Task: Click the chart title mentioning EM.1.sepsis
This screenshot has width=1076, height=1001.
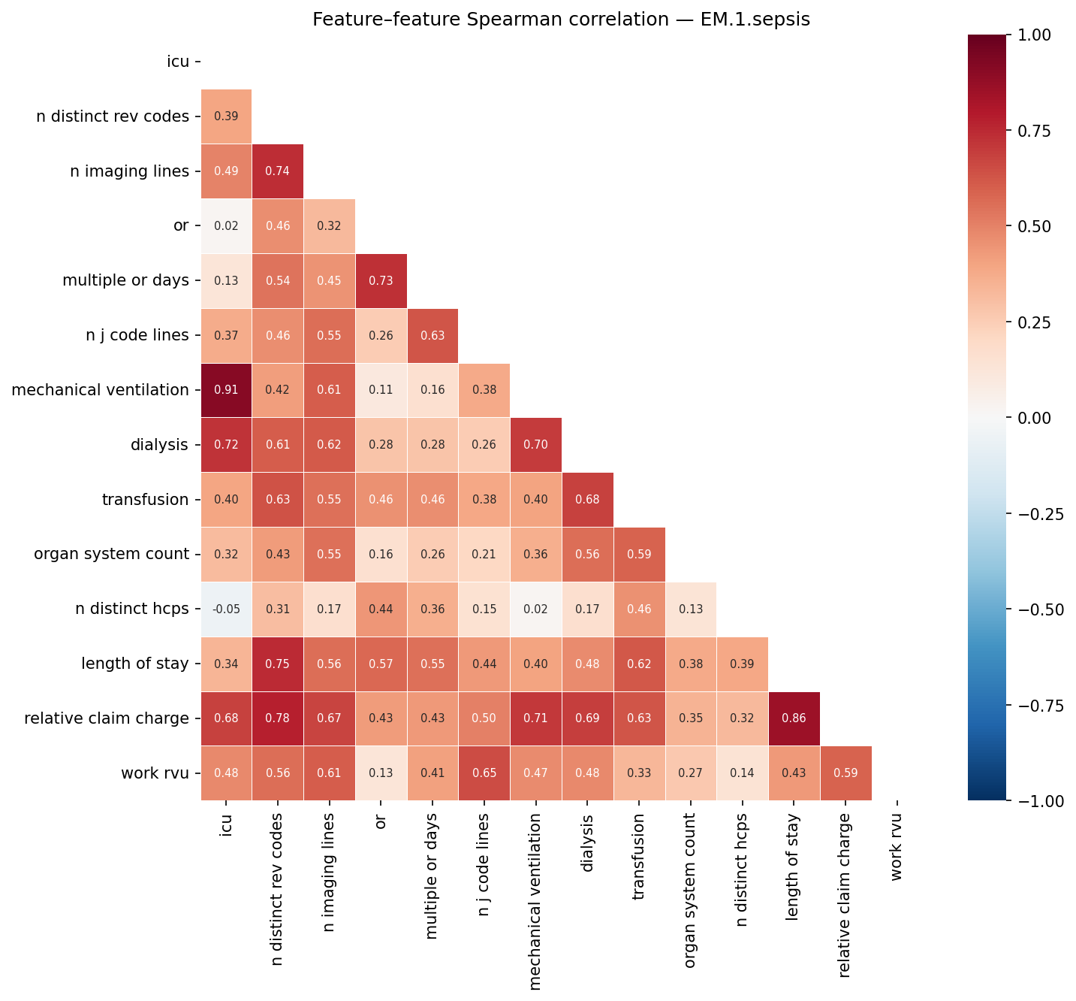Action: pos(561,20)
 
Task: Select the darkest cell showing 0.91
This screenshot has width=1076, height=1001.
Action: pos(226,390)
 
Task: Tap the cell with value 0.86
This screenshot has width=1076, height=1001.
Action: pos(794,718)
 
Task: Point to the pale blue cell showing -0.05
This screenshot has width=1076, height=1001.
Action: pos(226,609)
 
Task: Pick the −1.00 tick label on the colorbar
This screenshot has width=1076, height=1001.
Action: pos(1041,801)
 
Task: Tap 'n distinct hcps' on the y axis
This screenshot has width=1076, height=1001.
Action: pos(132,609)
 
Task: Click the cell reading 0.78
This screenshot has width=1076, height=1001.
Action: pos(278,718)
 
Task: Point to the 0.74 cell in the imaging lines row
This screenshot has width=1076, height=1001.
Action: pos(278,171)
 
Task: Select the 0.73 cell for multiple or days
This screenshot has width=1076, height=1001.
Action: pos(381,281)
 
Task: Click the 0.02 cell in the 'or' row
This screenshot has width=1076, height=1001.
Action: pos(226,226)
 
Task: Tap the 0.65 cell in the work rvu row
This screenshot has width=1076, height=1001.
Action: pos(484,773)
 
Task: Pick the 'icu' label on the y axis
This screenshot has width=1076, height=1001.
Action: pos(178,62)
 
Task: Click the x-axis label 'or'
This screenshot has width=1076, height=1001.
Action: pos(381,821)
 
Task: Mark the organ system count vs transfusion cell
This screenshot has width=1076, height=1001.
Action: pos(639,555)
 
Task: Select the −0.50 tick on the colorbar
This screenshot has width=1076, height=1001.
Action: pos(1041,609)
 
